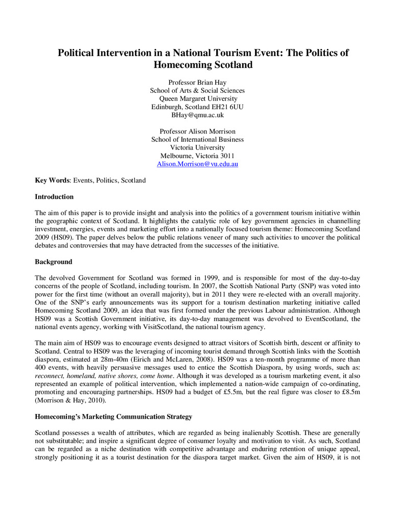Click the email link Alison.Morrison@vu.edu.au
(197, 164)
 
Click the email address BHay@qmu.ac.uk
(197, 115)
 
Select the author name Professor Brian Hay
(197, 83)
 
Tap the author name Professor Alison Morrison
(197, 132)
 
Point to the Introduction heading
(54, 197)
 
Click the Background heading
(54, 262)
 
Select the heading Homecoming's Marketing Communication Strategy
(113, 417)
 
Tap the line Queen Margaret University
(197, 99)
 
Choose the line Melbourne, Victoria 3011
(197, 156)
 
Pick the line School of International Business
(197, 140)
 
